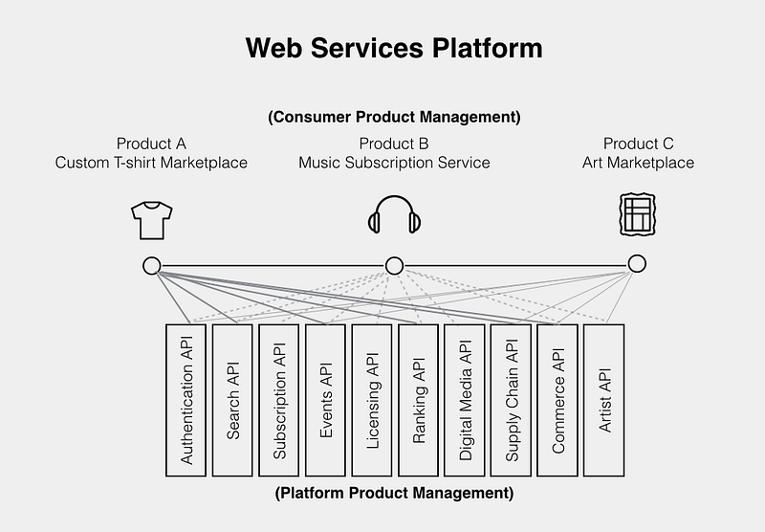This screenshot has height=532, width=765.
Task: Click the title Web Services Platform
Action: pyautogui.click(x=393, y=48)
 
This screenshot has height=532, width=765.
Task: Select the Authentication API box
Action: pyautogui.click(x=186, y=399)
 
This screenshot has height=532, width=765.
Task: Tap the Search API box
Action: pyautogui.click(x=232, y=399)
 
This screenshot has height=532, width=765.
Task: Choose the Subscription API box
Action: pyautogui.click(x=279, y=399)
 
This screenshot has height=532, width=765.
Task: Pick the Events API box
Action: pyautogui.click(x=326, y=399)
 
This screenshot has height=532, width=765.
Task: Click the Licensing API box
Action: pyautogui.click(x=372, y=399)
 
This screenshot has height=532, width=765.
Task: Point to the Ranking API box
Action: pyautogui.click(x=419, y=399)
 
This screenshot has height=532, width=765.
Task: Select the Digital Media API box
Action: pyautogui.click(x=465, y=399)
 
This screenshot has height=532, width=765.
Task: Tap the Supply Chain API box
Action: pyautogui.click(x=512, y=399)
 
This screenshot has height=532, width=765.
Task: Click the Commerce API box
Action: pyautogui.click(x=557, y=399)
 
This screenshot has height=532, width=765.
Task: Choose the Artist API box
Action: pyautogui.click(x=603, y=399)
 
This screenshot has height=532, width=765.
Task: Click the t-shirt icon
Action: pyautogui.click(x=150, y=218)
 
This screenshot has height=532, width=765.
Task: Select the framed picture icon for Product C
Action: pyautogui.click(x=637, y=214)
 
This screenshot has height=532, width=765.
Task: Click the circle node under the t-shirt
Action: pyautogui.click(x=151, y=265)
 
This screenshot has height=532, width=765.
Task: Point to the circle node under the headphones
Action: pyautogui.click(x=394, y=265)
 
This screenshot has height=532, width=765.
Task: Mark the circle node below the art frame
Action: pyautogui.click(x=637, y=264)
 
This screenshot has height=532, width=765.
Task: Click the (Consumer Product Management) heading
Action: pyautogui.click(x=394, y=118)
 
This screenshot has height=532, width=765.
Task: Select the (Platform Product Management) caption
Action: pyautogui.click(x=394, y=494)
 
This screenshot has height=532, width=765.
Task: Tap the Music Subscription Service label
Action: pyautogui.click(x=394, y=163)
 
